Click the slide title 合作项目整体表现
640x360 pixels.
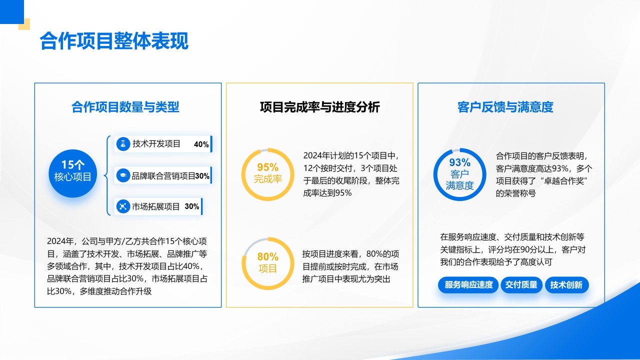click(x=114, y=42)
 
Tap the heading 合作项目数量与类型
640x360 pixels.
click(x=125, y=107)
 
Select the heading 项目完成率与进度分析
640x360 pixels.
click(x=319, y=107)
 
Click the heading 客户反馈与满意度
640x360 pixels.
click(x=505, y=107)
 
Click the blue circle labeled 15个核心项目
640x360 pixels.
click(x=73, y=170)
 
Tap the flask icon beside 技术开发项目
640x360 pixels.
click(x=122, y=144)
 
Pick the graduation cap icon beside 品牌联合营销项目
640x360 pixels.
click(x=122, y=175)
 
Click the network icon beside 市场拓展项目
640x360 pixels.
click(x=122, y=206)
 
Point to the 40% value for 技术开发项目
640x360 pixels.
click(x=201, y=144)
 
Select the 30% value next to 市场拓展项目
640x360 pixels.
click(x=192, y=206)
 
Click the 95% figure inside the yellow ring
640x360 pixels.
click(x=267, y=167)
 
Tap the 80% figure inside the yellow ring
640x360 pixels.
click(x=267, y=256)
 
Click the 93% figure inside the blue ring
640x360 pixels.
click(x=459, y=162)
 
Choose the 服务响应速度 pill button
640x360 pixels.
click(x=468, y=285)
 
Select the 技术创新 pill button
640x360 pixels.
click(x=566, y=285)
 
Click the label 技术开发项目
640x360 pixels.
click(x=156, y=144)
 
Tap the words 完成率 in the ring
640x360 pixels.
click(x=267, y=179)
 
